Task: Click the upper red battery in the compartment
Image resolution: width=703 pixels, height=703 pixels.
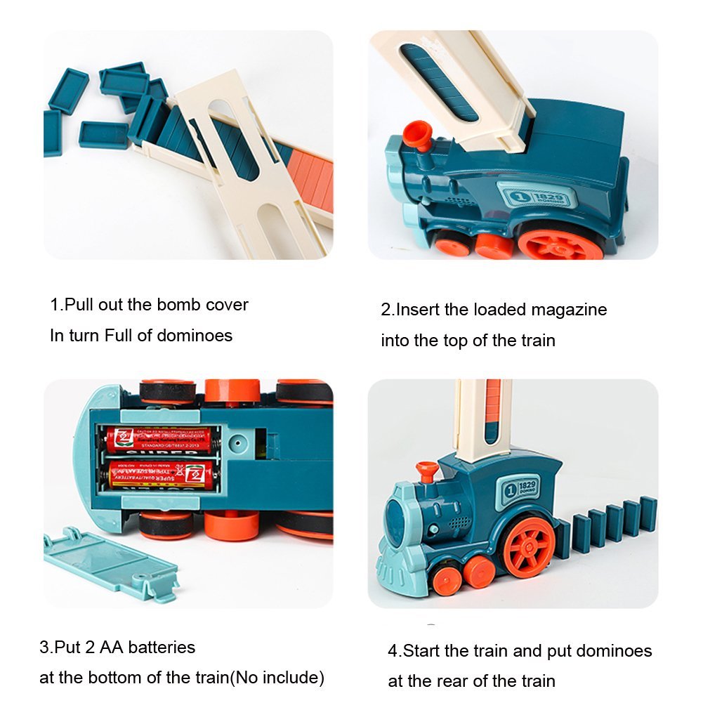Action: [x=162, y=440]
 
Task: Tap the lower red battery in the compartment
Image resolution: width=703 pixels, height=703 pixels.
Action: [x=162, y=474]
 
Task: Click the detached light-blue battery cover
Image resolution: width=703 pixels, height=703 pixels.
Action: [x=109, y=563]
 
